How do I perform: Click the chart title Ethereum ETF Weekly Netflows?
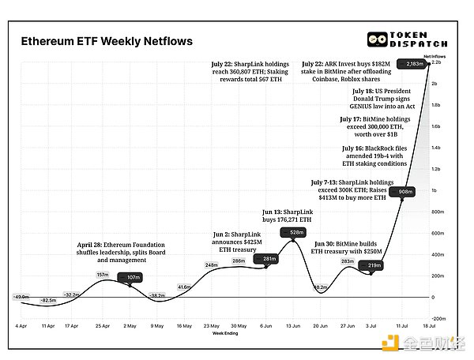[106, 40]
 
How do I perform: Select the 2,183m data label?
[414, 65]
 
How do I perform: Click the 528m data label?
[297, 232]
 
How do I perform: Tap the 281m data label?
[269, 259]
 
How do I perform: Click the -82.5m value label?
[49, 301]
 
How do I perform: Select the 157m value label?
[102, 274]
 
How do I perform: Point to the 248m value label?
[211, 264]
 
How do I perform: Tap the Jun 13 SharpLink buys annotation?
[290, 217]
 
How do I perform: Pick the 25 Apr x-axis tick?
[103, 324]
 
